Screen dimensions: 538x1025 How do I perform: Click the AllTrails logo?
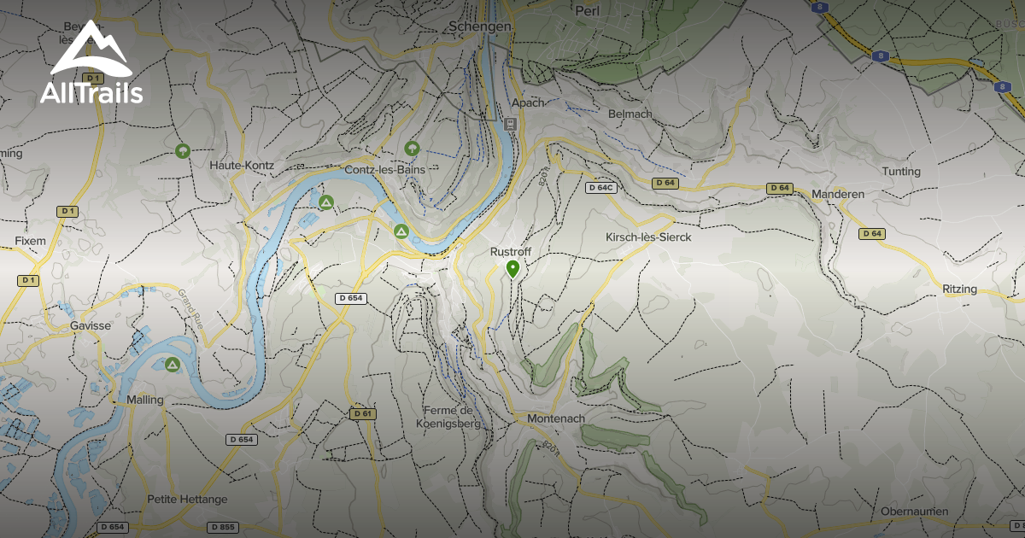pos(91,63)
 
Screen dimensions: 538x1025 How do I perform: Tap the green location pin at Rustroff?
pos(512,270)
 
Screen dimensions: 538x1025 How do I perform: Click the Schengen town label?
pos(480,27)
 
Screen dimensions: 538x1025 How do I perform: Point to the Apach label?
pos(527,102)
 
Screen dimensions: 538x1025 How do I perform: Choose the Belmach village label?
pos(630,114)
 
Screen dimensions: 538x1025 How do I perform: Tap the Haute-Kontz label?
pos(240,164)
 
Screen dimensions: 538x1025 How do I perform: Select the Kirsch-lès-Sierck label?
pos(647,237)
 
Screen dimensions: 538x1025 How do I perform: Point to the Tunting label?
pos(901,172)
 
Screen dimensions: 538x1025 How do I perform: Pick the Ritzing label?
pos(959,289)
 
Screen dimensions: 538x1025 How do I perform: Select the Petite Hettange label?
pos(187,499)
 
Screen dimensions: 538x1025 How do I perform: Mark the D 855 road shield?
pos(221,527)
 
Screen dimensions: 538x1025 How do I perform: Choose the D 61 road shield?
pos(362,413)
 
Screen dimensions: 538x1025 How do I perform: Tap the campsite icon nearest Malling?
pos(173,365)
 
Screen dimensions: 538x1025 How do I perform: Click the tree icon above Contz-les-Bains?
pos(412,149)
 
